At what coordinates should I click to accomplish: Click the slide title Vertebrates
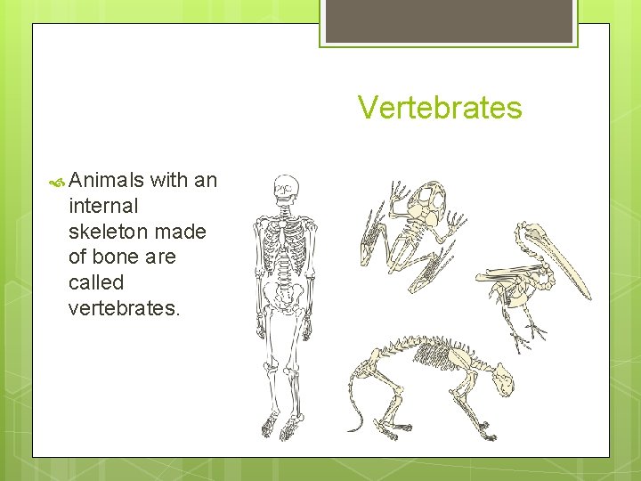point(440,108)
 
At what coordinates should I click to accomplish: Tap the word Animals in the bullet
point(106,180)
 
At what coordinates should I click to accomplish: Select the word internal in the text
point(103,206)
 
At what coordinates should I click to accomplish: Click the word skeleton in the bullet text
point(107,232)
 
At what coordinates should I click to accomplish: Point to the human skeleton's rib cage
point(284,239)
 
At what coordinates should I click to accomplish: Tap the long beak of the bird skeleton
point(556,263)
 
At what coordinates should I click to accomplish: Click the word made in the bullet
point(183,232)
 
